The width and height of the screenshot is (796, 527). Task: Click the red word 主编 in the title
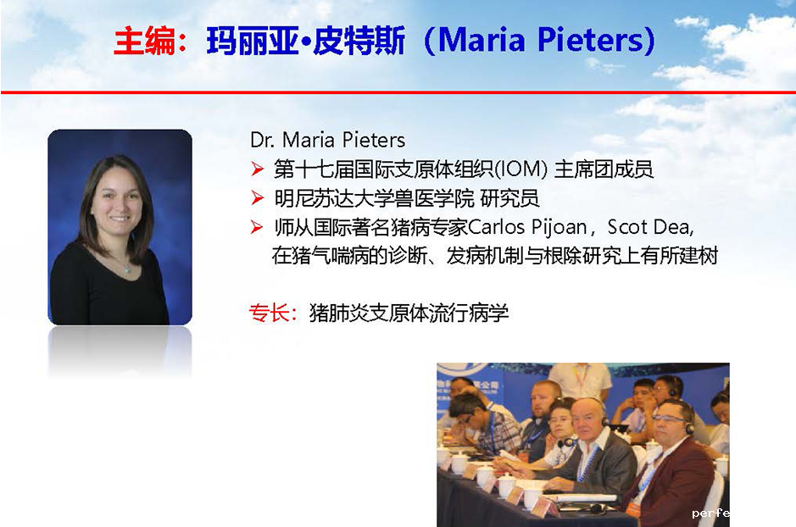[145, 41]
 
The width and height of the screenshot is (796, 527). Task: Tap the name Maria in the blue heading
[481, 41]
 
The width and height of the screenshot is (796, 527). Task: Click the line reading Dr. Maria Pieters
[327, 140]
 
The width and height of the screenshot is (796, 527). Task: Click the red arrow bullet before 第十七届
[258, 169]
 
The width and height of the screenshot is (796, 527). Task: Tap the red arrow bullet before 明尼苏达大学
[258, 197]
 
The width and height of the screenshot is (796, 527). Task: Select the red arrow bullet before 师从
[258, 227]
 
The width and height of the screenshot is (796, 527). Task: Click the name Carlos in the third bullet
[496, 227]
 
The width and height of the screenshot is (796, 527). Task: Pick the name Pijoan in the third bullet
[559, 228]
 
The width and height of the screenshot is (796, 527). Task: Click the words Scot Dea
[649, 227]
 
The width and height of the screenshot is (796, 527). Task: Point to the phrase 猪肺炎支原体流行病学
[409, 313]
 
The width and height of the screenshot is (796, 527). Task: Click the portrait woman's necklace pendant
[128, 269]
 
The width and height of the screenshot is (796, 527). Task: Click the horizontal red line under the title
[398, 92]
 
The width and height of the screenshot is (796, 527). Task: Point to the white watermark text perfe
[710, 513]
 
